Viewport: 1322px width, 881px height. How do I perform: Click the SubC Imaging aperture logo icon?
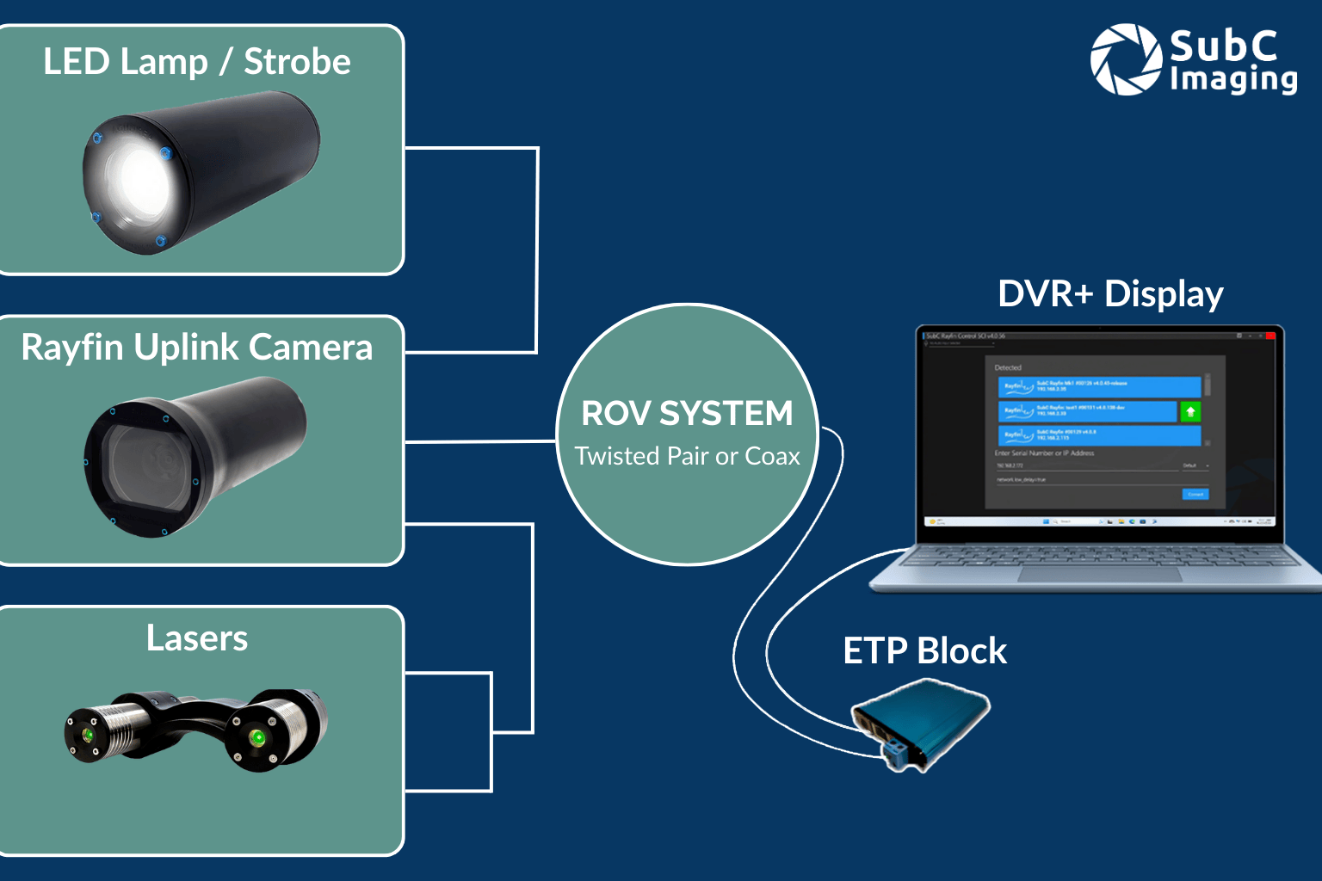(x=1126, y=59)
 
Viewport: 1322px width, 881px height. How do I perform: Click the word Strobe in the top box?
(x=297, y=62)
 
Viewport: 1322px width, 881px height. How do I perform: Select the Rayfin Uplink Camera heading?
(x=197, y=348)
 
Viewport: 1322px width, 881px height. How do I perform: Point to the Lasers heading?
(x=197, y=638)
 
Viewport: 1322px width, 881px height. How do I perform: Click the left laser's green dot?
(x=88, y=736)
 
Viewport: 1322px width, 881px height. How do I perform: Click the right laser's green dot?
(x=256, y=738)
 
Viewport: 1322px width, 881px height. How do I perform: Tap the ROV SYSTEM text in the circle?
(x=687, y=414)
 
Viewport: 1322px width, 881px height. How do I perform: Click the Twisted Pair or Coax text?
(x=687, y=456)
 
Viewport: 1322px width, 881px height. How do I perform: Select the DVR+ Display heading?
(x=1110, y=294)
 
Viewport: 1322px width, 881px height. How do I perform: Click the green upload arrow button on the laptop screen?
(x=1190, y=412)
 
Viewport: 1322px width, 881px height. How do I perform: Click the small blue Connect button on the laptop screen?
(x=1195, y=494)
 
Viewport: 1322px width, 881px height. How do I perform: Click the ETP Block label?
(x=924, y=651)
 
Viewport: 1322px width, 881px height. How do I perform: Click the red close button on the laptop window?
(x=1270, y=336)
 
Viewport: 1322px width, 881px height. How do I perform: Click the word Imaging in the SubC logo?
(x=1232, y=79)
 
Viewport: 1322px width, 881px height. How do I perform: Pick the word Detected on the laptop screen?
(x=1008, y=367)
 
